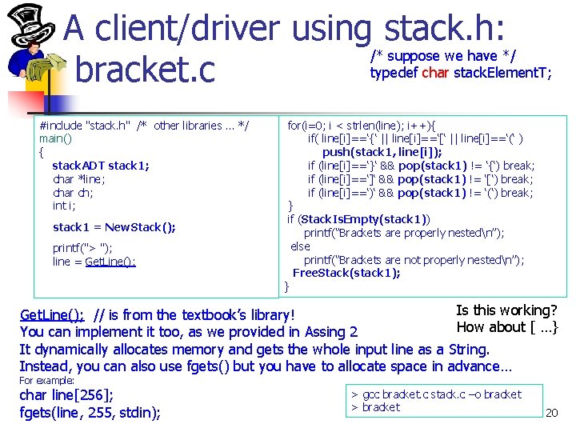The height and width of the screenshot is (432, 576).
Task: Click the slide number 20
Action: click(x=550, y=414)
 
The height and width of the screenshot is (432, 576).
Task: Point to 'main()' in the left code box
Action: click(x=55, y=138)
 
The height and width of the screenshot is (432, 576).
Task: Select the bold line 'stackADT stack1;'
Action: click(x=101, y=166)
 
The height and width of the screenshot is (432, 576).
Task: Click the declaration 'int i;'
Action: click(x=63, y=206)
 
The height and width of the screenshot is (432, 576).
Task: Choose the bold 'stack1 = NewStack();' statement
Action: click(x=114, y=227)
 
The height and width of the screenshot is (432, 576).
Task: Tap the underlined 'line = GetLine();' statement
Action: click(x=94, y=262)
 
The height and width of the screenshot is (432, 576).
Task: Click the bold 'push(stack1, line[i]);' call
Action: click(x=382, y=152)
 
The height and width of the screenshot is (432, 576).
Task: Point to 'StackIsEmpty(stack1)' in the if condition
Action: click(x=365, y=219)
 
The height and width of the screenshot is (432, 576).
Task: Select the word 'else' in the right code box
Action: click(x=300, y=246)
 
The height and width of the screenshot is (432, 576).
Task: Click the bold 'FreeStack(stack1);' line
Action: click(x=346, y=273)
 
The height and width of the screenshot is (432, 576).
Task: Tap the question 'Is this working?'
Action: click(x=506, y=310)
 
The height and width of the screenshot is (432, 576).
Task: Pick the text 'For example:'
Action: click(x=46, y=381)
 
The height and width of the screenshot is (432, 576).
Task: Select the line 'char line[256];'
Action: click(x=66, y=395)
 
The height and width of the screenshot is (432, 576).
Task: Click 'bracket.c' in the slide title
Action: click(x=145, y=69)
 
